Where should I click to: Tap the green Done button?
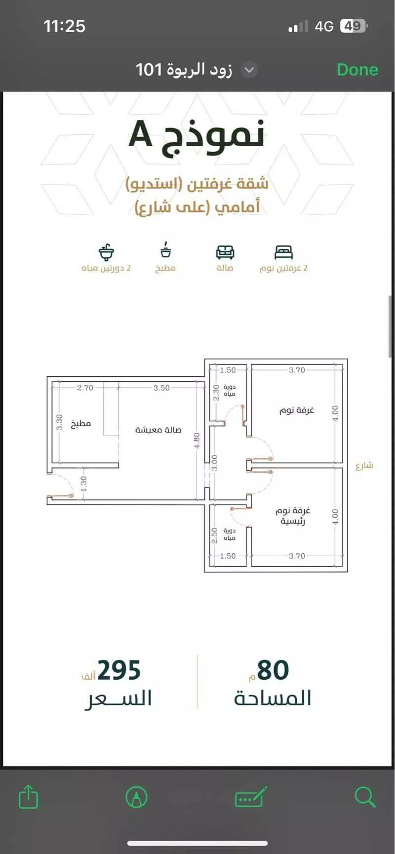(357, 70)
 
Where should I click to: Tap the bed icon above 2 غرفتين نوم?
(283, 252)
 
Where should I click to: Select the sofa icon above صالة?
(225, 252)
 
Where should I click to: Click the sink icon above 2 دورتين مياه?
(106, 252)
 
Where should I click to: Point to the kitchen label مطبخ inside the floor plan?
(81, 423)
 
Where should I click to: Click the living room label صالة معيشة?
(158, 430)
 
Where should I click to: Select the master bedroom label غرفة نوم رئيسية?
(292, 515)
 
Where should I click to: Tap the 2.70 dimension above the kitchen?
(85, 388)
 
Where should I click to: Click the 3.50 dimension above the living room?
(161, 388)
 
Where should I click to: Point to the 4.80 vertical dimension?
(197, 440)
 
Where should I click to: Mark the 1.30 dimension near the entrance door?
(83, 483)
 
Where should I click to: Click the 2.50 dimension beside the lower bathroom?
(214, 535)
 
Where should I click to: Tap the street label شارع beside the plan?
(364, 465)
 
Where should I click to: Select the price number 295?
(119, 670)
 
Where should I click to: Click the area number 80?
(273, 670)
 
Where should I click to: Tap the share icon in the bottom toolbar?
(28, 796)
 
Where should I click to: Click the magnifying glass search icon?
(365, 796)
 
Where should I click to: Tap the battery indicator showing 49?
(353, 26)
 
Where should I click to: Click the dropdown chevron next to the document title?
(249, 70)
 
